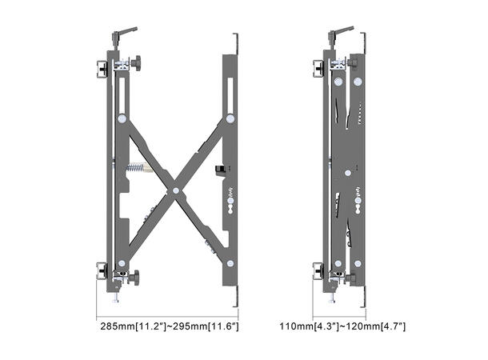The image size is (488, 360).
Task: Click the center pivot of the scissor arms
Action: click(175, 190)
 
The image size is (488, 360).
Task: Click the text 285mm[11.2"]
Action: click(130, 327)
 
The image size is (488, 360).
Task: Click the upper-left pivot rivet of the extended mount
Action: click(122, 118)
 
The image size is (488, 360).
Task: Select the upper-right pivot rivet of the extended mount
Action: click(230, 118)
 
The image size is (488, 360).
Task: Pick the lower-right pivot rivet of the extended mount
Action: click(230, 262)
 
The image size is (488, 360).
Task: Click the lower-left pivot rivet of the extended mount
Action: click(122, 262)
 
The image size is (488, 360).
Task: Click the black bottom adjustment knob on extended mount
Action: click(135, 278)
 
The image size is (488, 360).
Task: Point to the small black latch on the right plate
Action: click(218, 170)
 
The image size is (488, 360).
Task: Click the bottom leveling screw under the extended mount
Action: click(118, 297)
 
